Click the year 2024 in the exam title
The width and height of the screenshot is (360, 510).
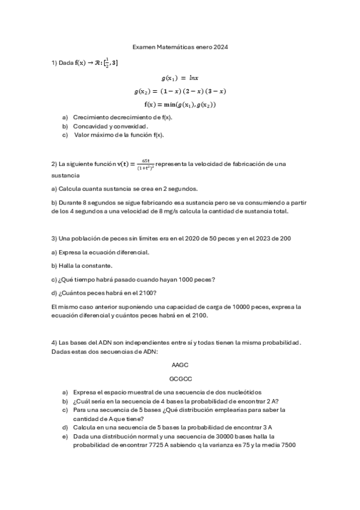click(221, 47)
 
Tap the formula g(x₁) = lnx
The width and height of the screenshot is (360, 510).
click(180, 78)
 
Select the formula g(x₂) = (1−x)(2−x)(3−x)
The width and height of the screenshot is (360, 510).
click(180, 91)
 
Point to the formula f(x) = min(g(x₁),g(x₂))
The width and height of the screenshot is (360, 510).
click(180, 104)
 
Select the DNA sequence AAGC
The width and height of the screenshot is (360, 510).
click(180, 365)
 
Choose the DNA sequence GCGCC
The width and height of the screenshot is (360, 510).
click(180, 379)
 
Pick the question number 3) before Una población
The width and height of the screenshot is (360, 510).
click(54, 238)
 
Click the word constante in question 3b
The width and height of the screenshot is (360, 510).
click(99, 265)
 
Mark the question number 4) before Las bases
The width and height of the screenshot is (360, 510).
click(54, 342)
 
